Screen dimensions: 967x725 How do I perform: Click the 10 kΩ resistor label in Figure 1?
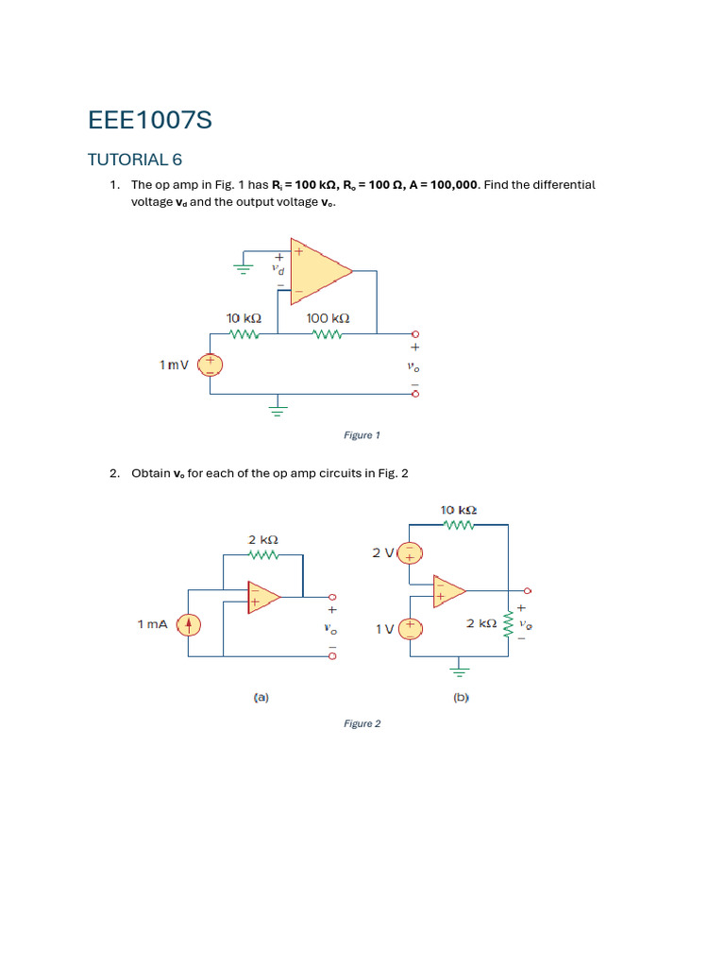point(244,319)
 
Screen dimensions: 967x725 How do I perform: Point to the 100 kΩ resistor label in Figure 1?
point(328,319)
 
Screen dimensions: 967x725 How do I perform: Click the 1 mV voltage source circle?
point(210,365)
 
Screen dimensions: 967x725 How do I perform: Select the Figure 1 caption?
point(362,435)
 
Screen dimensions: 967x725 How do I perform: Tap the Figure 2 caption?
point(362,723)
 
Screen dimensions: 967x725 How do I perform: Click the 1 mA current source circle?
point(189,624)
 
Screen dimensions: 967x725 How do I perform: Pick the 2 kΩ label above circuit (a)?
point(263,540)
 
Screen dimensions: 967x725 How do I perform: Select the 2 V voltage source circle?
point(410,552)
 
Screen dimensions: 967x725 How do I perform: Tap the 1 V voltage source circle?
point(410,628)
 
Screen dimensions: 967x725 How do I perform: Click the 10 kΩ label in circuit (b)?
point(458,511)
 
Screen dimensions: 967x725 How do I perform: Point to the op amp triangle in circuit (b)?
point(448,590)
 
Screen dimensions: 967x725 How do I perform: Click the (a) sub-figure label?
point(261,698)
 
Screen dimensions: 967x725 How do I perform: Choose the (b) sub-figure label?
point(461,698)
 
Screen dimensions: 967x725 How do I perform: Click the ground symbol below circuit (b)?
point(460,671)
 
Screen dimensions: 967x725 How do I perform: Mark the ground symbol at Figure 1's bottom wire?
point(278,409)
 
